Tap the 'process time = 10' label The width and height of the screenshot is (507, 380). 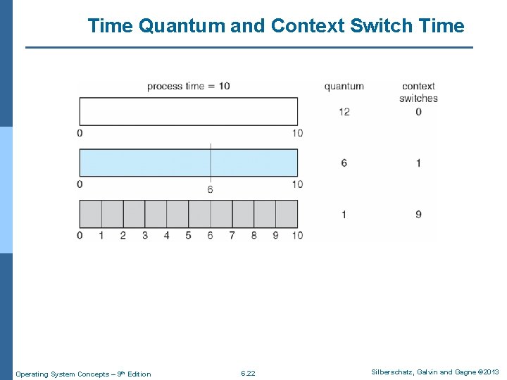pos(188,86)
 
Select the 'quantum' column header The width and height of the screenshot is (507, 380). pos(344,87)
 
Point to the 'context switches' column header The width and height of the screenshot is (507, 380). pos(418,92)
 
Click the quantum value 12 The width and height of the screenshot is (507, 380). pos(344,112)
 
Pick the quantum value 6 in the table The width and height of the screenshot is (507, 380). pos(344,163)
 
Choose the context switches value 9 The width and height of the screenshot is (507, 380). pos(418,214)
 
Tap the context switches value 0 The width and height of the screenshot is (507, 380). pos(418,112)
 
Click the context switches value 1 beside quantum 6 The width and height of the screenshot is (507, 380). pos(418,163)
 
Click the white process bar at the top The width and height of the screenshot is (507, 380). pos(188,112)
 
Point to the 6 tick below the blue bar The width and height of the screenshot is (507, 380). pos(210,190)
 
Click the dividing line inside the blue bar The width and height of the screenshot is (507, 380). pos(211,162)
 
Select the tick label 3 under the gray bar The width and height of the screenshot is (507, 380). pos(145,235)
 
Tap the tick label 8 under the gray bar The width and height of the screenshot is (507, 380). pos(254,235)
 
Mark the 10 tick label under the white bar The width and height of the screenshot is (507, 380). pos(297,133)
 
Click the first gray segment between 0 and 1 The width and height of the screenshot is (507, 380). pos(91,213)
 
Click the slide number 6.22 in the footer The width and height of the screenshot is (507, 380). pos(248,373)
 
